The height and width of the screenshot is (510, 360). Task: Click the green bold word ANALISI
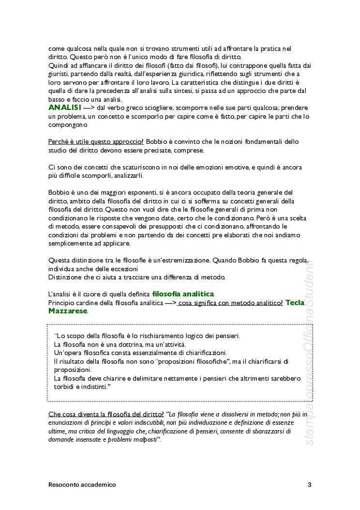[x=65, y=108]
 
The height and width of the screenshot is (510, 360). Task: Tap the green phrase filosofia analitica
[x=183, y=294]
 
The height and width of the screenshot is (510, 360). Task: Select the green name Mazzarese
[x=68, y=311]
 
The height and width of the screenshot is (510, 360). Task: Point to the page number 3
[x=309, y=484]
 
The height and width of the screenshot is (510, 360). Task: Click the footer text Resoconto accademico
[x=82, y=484]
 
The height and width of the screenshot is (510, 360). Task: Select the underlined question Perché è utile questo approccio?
[x=96, y=141]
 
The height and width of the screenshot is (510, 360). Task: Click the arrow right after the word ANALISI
[x=89, y=108]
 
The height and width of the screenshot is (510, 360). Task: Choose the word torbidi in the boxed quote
[x=64, y=387]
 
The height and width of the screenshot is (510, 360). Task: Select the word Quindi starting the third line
[x=58, y=65]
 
